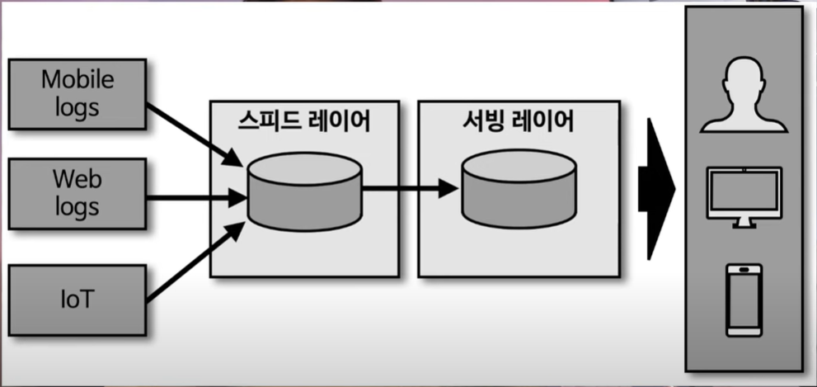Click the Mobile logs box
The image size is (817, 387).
coord(77,93)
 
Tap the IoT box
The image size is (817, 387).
coord(77,300)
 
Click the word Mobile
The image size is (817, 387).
coord(77,81)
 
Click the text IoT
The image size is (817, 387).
coord(77,300)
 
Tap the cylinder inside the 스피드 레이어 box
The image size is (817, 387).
coord(304,189)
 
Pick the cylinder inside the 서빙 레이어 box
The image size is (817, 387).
coord(519,189)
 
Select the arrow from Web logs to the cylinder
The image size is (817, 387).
coord(196,197)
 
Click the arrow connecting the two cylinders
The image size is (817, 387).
coord(409,189)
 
